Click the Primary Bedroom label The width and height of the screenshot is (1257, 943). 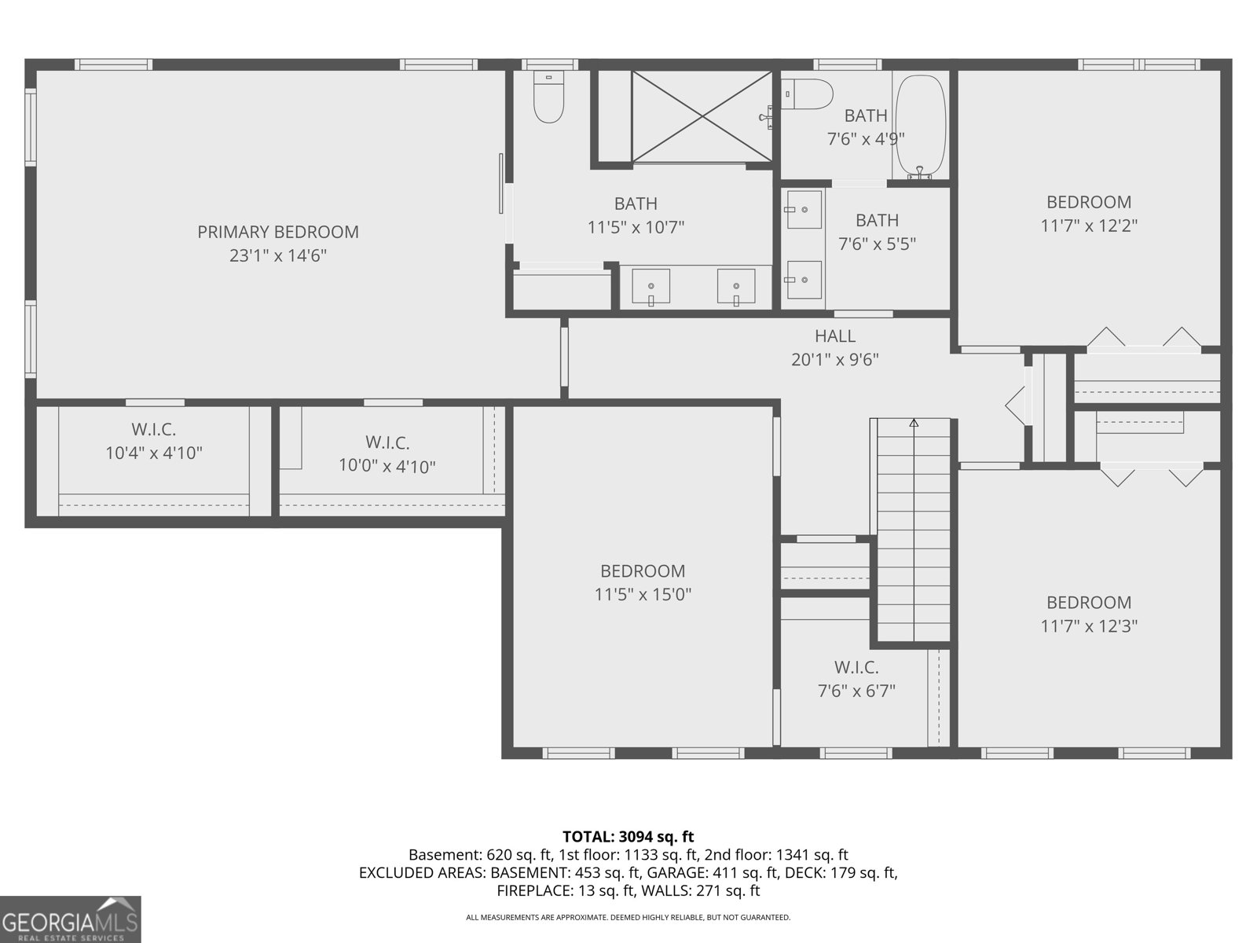pyautogui.click(x=278, y=232)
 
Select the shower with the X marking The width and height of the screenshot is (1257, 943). pyautogui.click(x=702, y=116)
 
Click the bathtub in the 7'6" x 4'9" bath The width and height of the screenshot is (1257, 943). pyautogui.click(x=920, y=126)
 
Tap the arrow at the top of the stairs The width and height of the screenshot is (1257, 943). pyautogui.click(x=914, y=423)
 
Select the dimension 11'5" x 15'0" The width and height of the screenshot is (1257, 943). pyautogui.click(x=643, y=595)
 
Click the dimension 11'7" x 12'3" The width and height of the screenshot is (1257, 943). pyautogui.click(x=1089, y=626)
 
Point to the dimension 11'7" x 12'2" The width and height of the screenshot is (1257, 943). pyautogui.click(x=1089, y=226)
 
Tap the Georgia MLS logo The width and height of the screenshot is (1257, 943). pyautogui.click(x=71, y=919)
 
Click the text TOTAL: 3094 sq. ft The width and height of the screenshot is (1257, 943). pyautogui.click(x=628, y=837)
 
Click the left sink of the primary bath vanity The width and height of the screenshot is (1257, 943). pyautogui.click(x=650, y=286)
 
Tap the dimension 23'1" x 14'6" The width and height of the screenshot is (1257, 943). pyautogui.click(x=278, y=255)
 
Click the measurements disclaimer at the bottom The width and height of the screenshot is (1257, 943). pyautogui.click(x=628, y=917)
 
